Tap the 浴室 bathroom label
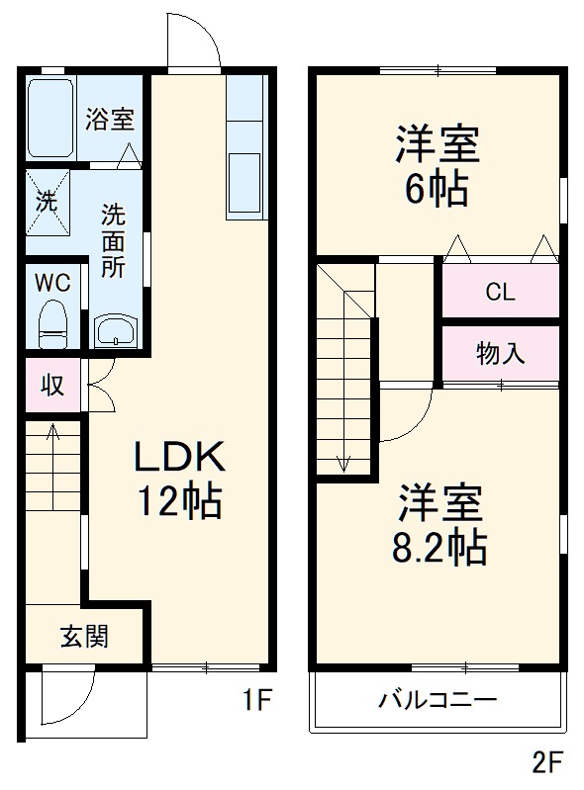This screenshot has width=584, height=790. click(x=109, y=119)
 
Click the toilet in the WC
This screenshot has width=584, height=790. click(x=51, y=324)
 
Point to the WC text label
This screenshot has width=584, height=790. click(x=52, y=282)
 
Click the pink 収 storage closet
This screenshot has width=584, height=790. click(x=52, y=385)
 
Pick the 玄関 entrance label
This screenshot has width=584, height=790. click(x=85, y=636)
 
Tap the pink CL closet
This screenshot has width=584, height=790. click(x=500, y=292)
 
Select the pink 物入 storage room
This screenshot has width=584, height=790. click(x=500, y=353)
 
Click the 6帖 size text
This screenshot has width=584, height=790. click(x=437, y=189)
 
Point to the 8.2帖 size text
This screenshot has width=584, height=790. click(x=439, y=545)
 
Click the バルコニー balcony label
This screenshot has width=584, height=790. click(x=436, y=700)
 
